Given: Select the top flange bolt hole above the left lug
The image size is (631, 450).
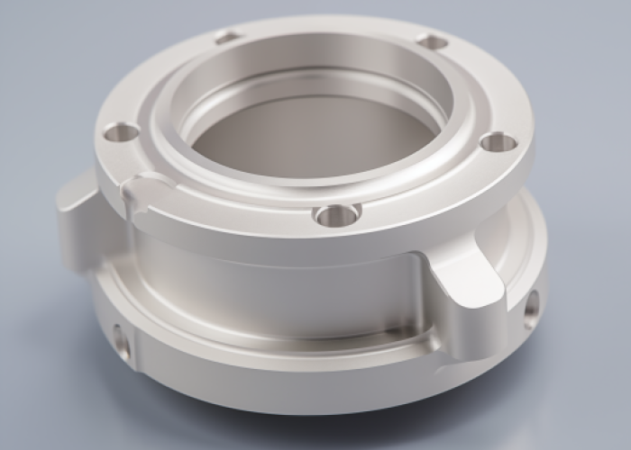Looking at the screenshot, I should (121, 133).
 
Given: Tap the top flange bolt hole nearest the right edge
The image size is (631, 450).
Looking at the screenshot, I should (498, 141).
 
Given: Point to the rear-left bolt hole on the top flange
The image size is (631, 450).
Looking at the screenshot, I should (228, 38).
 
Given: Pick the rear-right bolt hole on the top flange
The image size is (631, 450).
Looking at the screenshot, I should (433, 41).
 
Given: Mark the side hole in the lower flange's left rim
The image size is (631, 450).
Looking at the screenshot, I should (121, 341).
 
